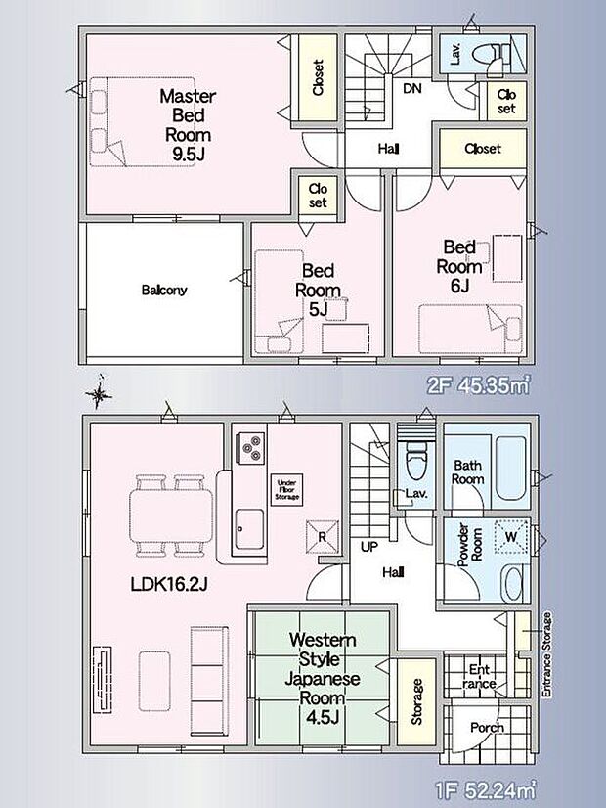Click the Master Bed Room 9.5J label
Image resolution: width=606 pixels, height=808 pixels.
click(188, 125)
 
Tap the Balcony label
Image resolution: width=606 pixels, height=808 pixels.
click(164, 291)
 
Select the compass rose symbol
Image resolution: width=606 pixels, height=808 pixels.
click(100, 395)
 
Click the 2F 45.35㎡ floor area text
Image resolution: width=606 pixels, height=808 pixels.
click(478, 385)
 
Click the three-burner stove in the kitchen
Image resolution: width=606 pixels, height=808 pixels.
click(250, 448)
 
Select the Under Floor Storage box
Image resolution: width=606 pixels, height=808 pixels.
click(286, 489)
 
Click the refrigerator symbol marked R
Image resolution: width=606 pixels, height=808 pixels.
click(323, 536)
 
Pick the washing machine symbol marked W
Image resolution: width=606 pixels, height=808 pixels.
click(511, 537)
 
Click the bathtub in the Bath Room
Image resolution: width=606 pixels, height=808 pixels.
click(511, 469)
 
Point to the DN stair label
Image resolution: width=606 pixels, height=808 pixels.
click(411, 89)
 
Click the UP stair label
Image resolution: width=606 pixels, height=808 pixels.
click(368, 547)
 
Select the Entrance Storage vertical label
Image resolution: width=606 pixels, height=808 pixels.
click(546, 654)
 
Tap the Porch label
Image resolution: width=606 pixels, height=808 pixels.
click(487, 728)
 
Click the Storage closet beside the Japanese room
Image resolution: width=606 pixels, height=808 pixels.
click(416, 701)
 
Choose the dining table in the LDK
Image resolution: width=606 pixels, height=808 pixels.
click(171, 516)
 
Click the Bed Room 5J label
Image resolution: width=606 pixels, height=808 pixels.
click(318, 290)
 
